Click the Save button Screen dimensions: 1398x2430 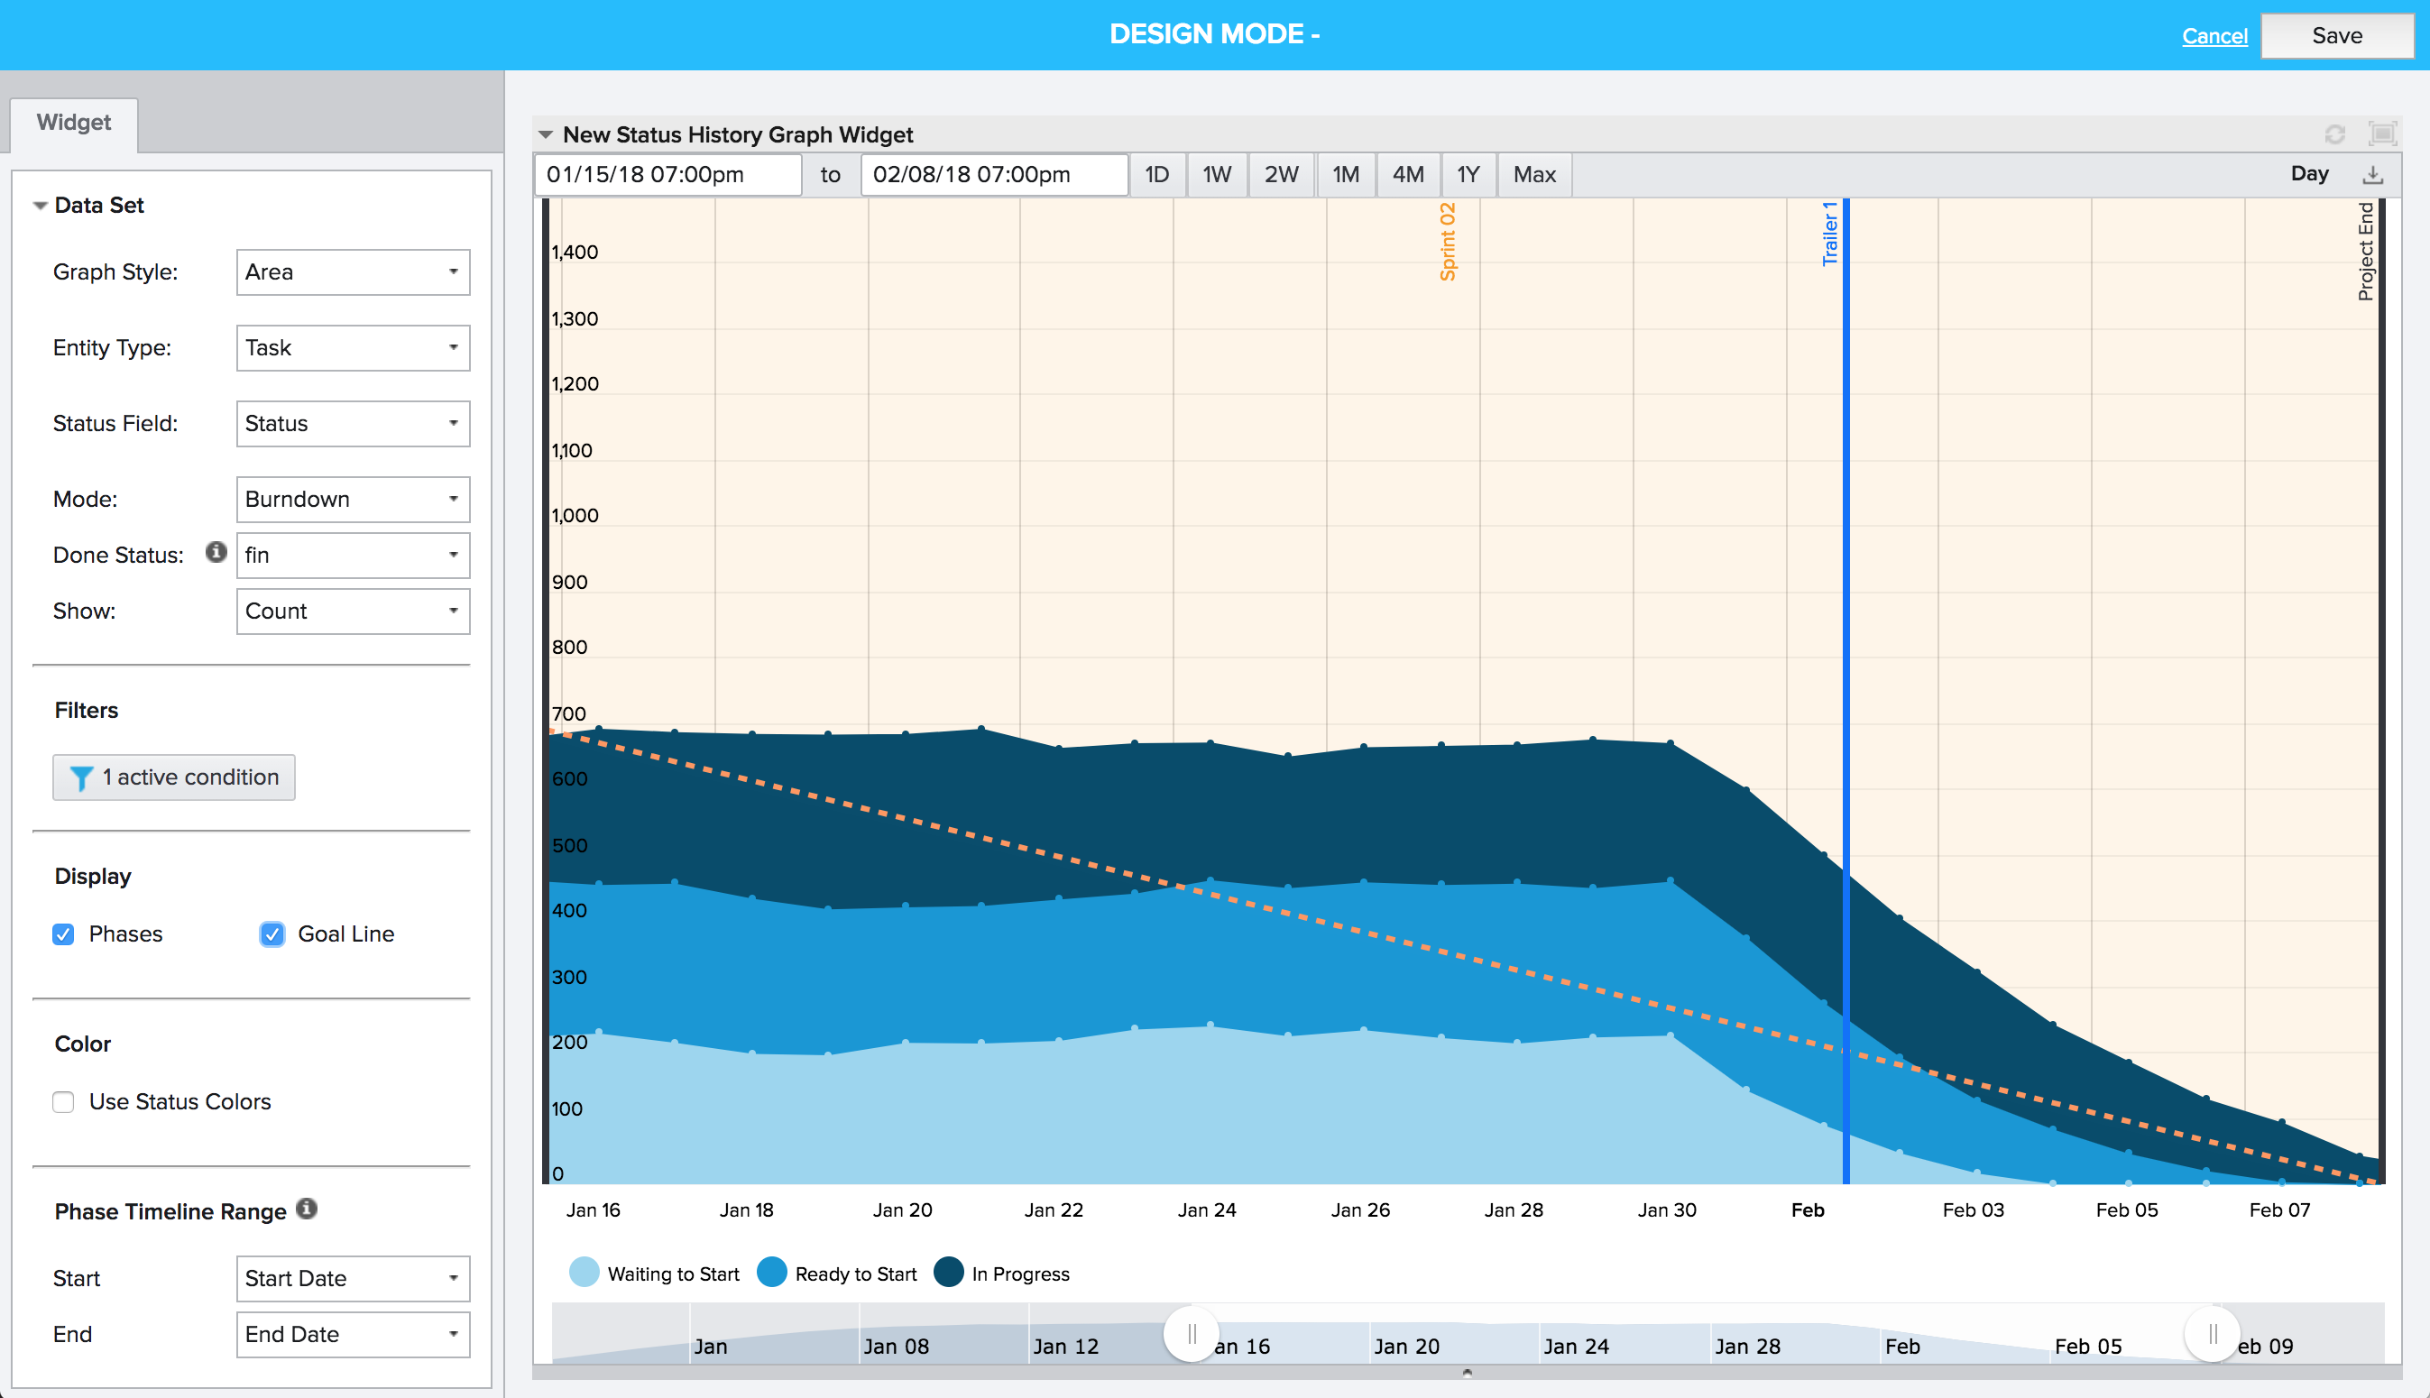pyautogui.click(x=2336, y=36)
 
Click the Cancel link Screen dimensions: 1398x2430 pyautogui.click(x=2214, y=36)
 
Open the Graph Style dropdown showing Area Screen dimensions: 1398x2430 pyautogui.click(x=353, y=272)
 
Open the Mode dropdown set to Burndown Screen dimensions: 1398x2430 pyautogui.click(x=353, y=500)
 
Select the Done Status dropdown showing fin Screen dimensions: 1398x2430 pyautogui.click(x=353, y=555)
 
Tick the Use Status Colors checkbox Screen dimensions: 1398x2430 pyautogui.click(x=63, y=1102)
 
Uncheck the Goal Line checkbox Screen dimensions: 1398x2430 pyautogui.click(x=272, y=934)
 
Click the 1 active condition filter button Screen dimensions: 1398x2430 pyautogui.click(x=174, y=777)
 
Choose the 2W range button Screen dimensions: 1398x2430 pyautogui.click(x=1281, y=175)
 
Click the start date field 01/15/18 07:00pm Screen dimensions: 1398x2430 pyautogui.click(x=667, y=175)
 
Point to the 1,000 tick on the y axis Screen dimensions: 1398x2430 pyautogui.click(x=575, y=516)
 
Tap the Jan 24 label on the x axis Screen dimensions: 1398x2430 pyautogui.click(x=1207, y=1209)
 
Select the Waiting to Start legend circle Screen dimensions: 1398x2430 pyautogui.click(x=584, y=1273)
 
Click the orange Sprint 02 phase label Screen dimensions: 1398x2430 pyautogui.click(x=1448, y=242)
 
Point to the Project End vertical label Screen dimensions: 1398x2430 pyautogui.click(x=2365, y=252)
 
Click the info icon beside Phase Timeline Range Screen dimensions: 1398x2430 pyautogui.click(x=307, y=1209)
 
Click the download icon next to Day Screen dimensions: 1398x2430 pyautogui.click(x=2372, y=175)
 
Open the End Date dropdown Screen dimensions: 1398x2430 pyautogui.click(x=353, y=1335)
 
